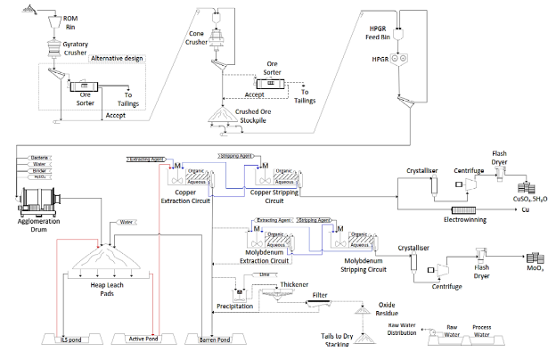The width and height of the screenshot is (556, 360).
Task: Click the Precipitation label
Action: (x=234, y=307)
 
